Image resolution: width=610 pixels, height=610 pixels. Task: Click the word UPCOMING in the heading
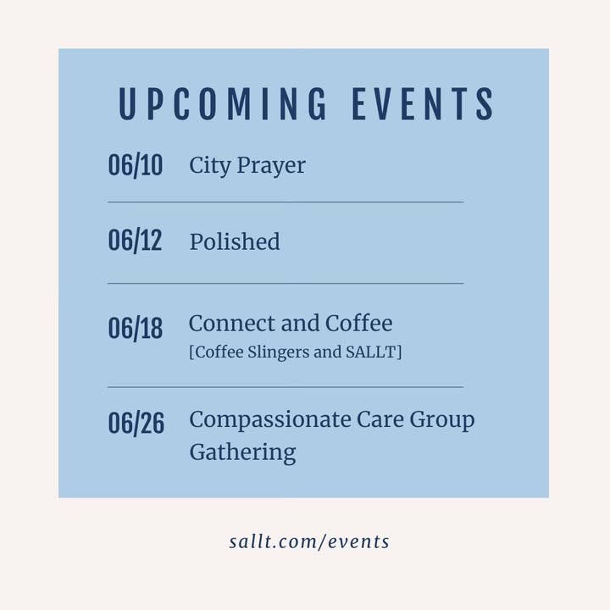pos(223,103)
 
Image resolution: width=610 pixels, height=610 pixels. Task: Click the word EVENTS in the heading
pos(424,103)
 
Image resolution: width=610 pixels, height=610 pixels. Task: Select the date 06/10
pos(136,165)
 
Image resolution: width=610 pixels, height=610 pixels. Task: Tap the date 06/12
pos(135,241)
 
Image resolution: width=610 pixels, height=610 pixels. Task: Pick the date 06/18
pos(136,329)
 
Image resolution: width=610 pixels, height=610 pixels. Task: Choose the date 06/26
pos(136,423)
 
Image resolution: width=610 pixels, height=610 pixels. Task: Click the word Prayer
pos(271,167)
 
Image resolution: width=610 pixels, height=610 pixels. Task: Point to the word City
pos(210,167)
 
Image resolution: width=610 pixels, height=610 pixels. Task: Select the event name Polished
pos(235,241)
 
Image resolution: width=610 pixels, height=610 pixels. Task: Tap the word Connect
pos(232,324)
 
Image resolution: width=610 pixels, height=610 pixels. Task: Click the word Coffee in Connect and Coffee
pos(358,324)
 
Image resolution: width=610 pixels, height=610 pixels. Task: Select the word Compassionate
pos(270,420)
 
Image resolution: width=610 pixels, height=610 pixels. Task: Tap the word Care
pos(380,419)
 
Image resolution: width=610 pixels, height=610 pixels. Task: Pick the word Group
pos(442,421)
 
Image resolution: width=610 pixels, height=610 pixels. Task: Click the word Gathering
pos(243,453)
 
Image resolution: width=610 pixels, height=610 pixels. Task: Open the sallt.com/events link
pos(309,541)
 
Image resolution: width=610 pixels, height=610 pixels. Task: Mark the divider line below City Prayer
pos(286,202)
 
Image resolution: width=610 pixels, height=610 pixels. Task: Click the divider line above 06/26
pos(286,387)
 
